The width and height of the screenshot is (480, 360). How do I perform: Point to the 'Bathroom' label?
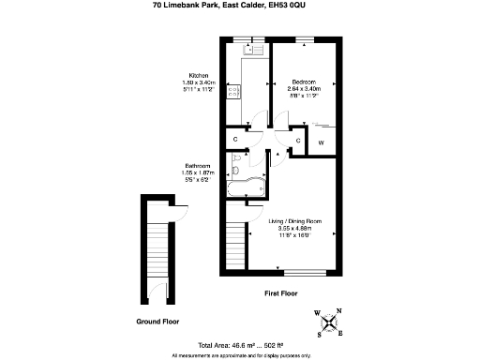198,166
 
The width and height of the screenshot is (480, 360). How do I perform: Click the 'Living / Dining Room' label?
290,221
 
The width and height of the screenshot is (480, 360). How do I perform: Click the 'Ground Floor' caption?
157,321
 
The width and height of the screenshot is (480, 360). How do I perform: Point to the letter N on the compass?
339,312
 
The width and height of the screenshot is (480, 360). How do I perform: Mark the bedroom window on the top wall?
306,39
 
